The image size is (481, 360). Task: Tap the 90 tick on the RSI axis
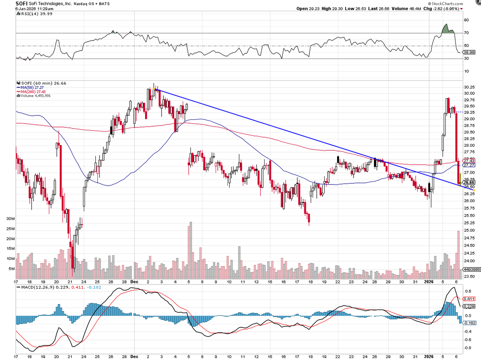pos(467,20)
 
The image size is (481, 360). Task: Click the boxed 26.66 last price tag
pos(469,182)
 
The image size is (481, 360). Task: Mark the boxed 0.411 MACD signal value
pos(469,299)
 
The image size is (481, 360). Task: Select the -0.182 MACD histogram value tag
pos(469,322)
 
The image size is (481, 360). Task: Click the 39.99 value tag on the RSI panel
pos(469,52)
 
